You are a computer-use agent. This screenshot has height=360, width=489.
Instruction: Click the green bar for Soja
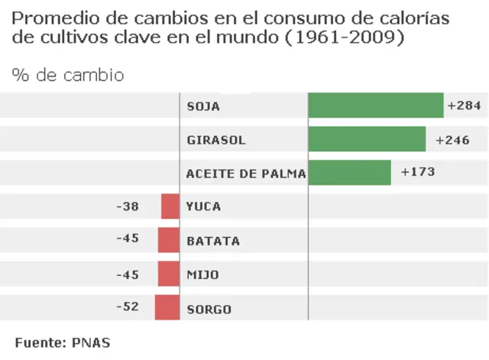pyautogui.click(x=375, y=105)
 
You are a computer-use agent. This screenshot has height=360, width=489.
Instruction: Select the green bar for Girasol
pyautogui.click(x=366, y=139)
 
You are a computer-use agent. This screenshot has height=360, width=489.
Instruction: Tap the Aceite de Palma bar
pyautogui.click(x=349, y=173)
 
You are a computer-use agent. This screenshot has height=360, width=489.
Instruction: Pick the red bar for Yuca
pyautogui.click(x=170, y=206)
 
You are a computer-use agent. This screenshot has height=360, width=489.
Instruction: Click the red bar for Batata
pyautogui.click(x=168, y=240)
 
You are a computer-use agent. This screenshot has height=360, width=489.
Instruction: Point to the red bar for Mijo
pyautogui.click(x=168, y=274)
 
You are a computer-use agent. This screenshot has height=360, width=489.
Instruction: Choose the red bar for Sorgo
pyautogui.click(x=167, y=307)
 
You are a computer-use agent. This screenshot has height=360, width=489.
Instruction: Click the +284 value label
pyautogui.click(x=464, y=105)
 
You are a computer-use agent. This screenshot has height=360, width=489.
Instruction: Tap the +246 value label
pyautogui.click(x=452, y=140)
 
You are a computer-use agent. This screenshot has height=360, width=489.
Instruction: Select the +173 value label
pyautogui.click(x=418, y=172)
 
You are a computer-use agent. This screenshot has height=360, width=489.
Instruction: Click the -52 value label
pyautogui.click(x=128, y=306)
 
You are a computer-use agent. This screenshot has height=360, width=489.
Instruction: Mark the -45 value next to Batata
pyautogui.click(x=128, y=238)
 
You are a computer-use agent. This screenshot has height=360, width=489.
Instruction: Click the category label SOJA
pyautogui.click(x=203, y=106)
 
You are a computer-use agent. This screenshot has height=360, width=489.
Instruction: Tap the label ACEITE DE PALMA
pyautogui.click(x=245, y=174)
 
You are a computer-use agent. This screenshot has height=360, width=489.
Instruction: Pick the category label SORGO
pyautogui.click(x=209, y=310)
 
